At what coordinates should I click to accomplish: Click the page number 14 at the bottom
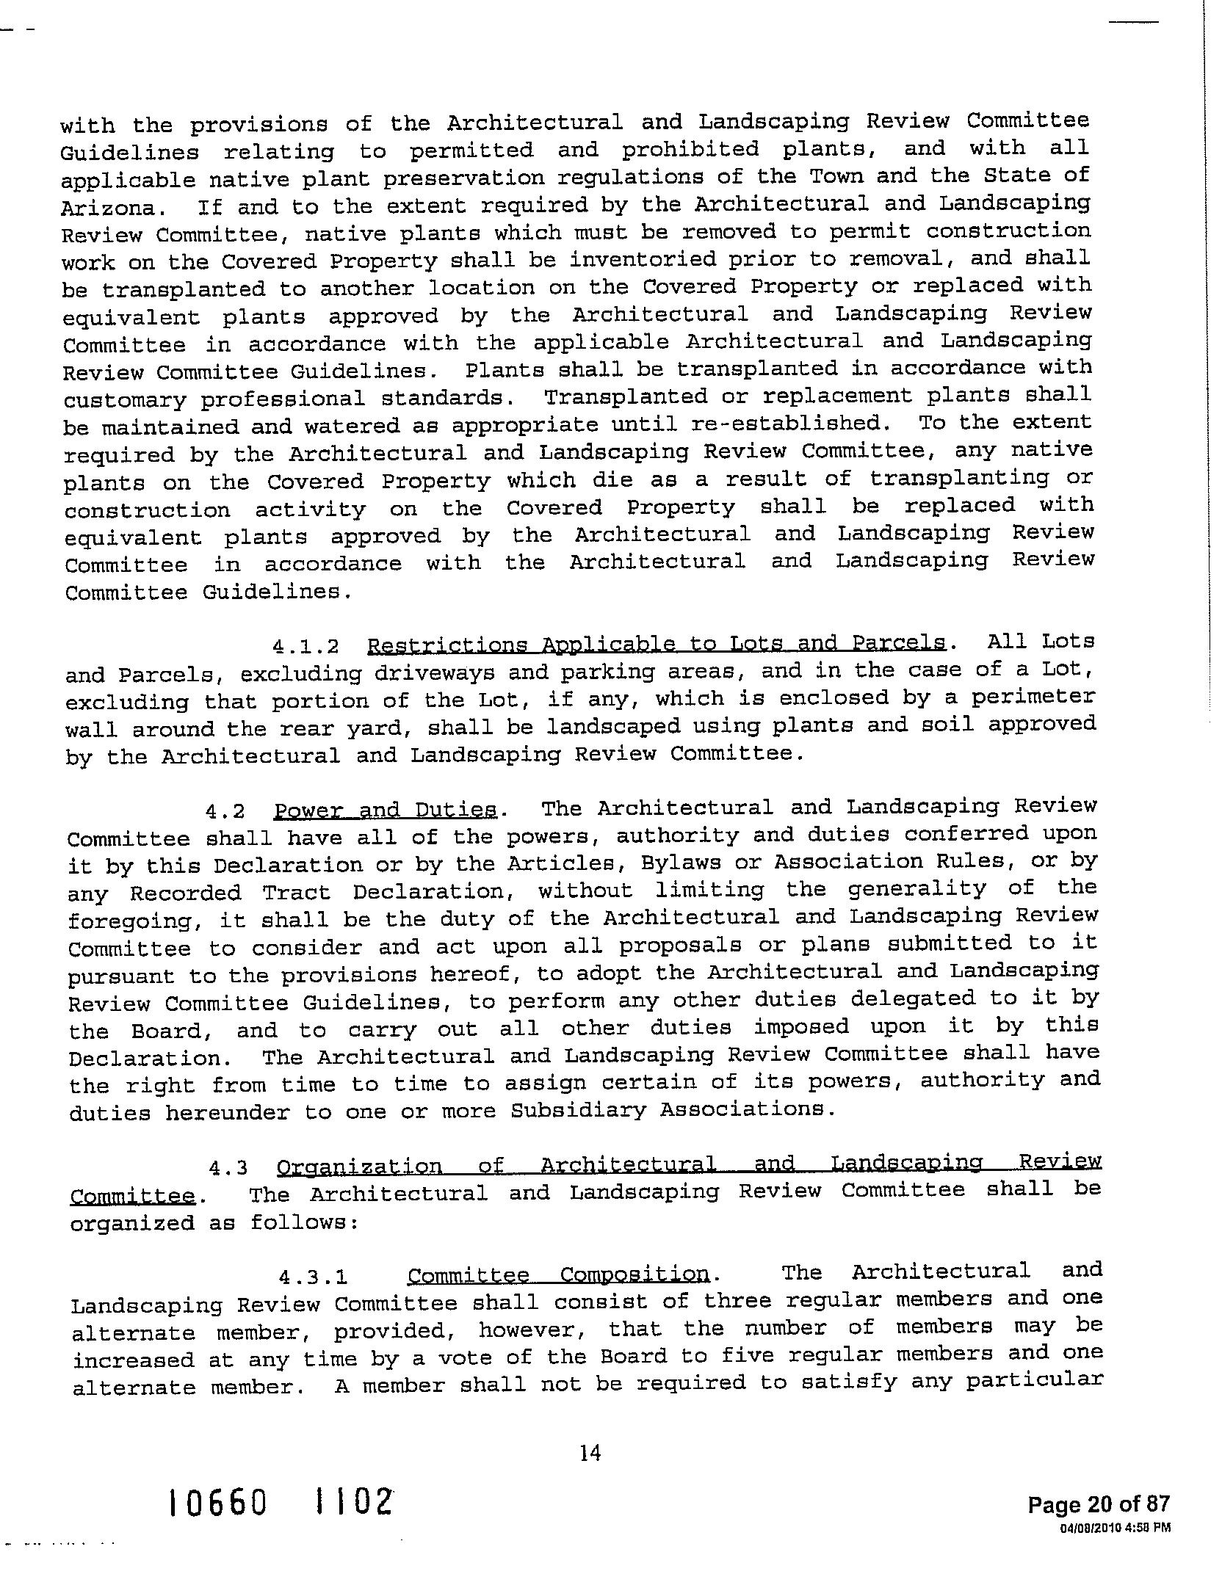tap(590, 1452)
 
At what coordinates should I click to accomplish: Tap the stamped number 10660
tap(217, 1504)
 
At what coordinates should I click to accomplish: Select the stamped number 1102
tap(348, 1502)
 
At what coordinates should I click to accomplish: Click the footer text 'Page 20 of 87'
tap(1098, 1504)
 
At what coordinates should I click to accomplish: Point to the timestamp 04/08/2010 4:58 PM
tap(1115, 1528)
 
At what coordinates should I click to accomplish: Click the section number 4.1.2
tap(305, 647)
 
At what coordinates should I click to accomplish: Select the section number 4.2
tap(225, 812)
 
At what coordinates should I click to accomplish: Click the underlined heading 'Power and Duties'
tap(386, 810)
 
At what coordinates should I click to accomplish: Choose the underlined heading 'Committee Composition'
tap(559, 1274)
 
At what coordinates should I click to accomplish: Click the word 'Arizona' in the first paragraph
tap(108, 208)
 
